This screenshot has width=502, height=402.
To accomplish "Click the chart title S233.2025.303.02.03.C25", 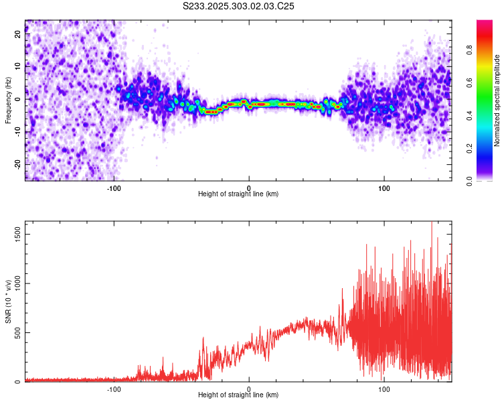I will click(239, 6).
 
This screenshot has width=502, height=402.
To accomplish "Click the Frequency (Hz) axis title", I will click(8, 99).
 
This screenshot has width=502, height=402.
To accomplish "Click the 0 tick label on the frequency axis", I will click(19, 99).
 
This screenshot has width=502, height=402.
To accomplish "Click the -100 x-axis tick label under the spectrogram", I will click(114, 188).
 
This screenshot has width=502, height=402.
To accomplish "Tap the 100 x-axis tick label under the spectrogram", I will click(384, 188).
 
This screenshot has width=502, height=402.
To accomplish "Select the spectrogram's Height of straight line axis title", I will click(238, 194).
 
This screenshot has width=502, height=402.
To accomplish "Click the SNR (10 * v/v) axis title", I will click(8, 302).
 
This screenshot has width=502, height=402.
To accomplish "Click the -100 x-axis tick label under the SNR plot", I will click(114, 389).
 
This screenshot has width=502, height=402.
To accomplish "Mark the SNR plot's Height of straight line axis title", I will click(238, 395).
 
